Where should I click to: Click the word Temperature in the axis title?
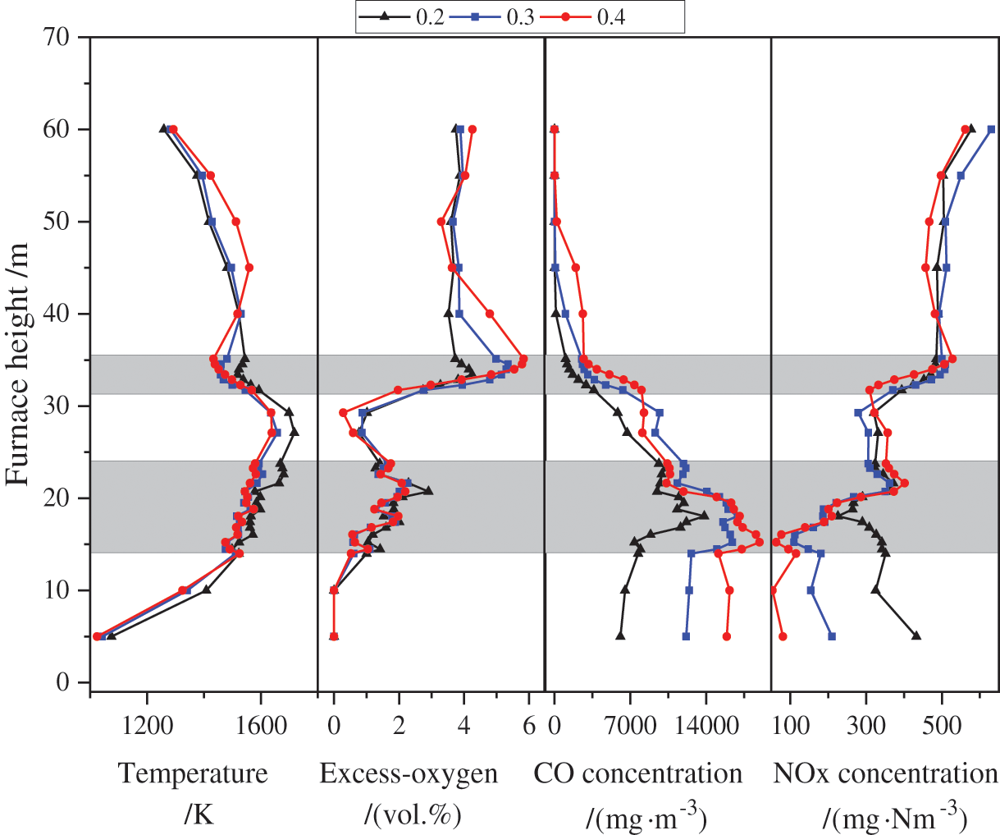pos(194,773)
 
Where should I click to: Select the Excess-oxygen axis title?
pos(409,773)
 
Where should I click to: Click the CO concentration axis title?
pos(638,773)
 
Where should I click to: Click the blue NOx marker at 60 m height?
pos(991,129)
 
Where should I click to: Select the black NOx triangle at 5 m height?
pos(916,635)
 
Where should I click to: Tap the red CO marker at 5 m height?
pos(726,636)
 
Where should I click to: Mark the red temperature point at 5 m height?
pos(97,636)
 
